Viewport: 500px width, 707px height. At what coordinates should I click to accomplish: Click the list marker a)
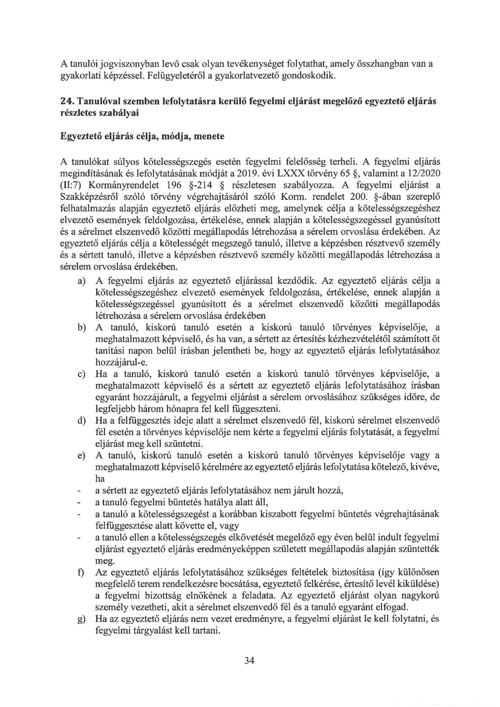point(81,281)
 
